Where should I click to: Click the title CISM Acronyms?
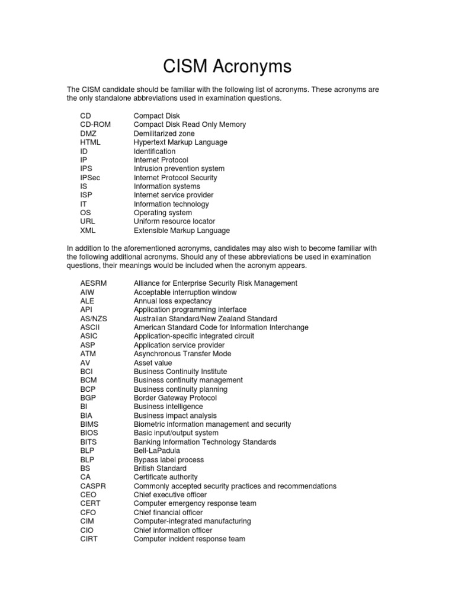[227, 66]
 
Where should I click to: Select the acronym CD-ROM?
[95, 124]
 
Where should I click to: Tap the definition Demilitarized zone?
[164, 133]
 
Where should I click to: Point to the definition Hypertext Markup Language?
[180, 142]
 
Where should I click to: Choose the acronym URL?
[88, 221]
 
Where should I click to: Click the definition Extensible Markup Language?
[181, 231]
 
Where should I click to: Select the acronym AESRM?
[94, 283]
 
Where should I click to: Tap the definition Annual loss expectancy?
[172, 301]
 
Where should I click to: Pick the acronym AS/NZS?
[94, 318]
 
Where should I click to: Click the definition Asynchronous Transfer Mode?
[182, 354]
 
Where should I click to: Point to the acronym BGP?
[88, 398]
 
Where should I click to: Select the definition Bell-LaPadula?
[157, 451]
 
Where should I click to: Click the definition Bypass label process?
[168, 459]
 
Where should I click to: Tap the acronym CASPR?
[93, 486]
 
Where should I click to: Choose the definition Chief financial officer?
[168, 512]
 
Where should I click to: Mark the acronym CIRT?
[89, 539]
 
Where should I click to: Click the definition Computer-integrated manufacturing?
[192, 521]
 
